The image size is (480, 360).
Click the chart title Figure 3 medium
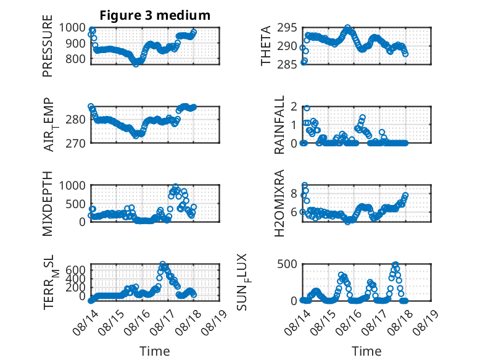point(155,15)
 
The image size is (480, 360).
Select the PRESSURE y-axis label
point(48,46)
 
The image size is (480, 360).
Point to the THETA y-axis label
point(266,46)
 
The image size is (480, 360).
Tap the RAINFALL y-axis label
point(279,125)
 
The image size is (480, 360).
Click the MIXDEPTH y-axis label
point(48,203)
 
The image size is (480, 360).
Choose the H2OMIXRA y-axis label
point(279,203)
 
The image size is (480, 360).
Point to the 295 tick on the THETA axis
point(287,28)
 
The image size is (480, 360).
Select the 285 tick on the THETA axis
point(287,64)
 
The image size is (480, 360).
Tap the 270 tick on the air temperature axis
point(75,143)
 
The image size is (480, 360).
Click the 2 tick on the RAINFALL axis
point(294,107)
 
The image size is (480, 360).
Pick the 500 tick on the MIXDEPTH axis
point(75,204)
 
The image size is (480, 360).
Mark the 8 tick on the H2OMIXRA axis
point(294,194)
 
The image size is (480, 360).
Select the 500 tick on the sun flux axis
point(287,264)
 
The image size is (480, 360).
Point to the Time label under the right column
point(366,351)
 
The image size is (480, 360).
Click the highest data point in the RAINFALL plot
point(307,108)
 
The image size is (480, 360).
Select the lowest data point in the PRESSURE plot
point(136,64)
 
